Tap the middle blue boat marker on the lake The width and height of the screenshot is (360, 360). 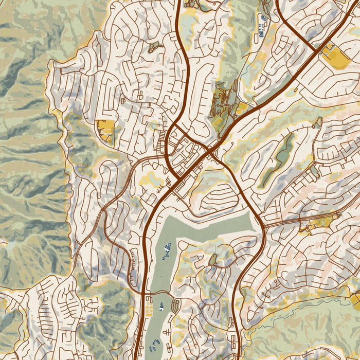coord(161,307)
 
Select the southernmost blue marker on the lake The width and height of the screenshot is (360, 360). coord(155,344)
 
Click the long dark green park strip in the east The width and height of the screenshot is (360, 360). coord(277,159)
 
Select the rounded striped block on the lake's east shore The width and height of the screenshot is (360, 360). coord(175,307)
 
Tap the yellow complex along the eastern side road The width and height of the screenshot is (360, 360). coord(319,223)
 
